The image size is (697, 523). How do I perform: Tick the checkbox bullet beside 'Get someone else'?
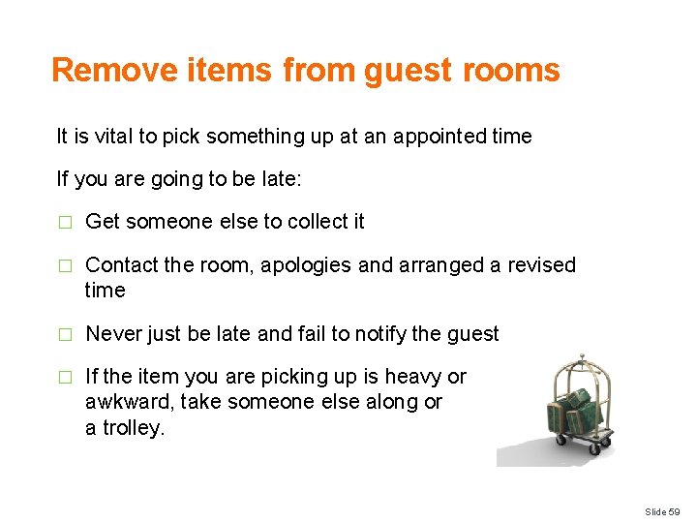click(x=64, y=223)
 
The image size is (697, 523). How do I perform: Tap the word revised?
click(x=540, y=265)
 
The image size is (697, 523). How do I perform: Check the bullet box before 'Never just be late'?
click(x=64, y=335)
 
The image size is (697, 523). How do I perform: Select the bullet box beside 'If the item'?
click(x=64, y=378)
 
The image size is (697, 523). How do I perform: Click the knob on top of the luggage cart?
click(x=581, y=356)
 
